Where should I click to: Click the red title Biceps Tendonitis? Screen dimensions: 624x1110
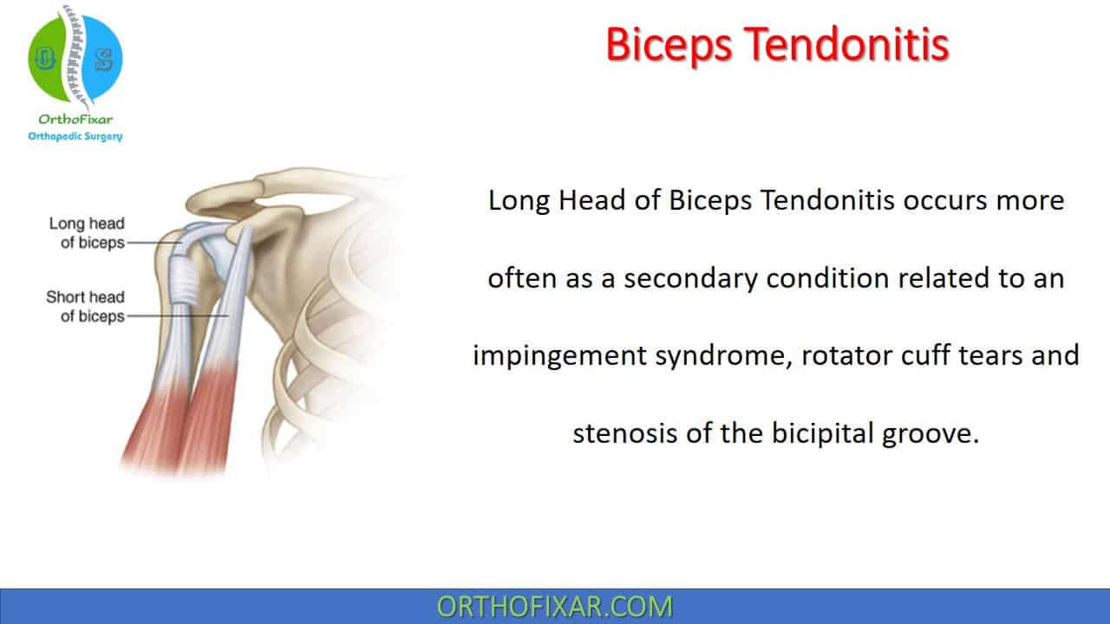(776, 45)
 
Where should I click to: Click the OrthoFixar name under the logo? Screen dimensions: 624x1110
(75, 120)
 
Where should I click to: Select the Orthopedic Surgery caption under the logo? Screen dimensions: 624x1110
(75, 136)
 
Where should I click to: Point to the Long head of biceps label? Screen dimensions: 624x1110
(87, 233)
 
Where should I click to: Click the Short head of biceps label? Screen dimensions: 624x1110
(85, 307)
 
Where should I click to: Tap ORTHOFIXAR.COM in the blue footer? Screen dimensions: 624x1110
(555, 607)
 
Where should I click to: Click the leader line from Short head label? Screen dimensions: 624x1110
(178, 317)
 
